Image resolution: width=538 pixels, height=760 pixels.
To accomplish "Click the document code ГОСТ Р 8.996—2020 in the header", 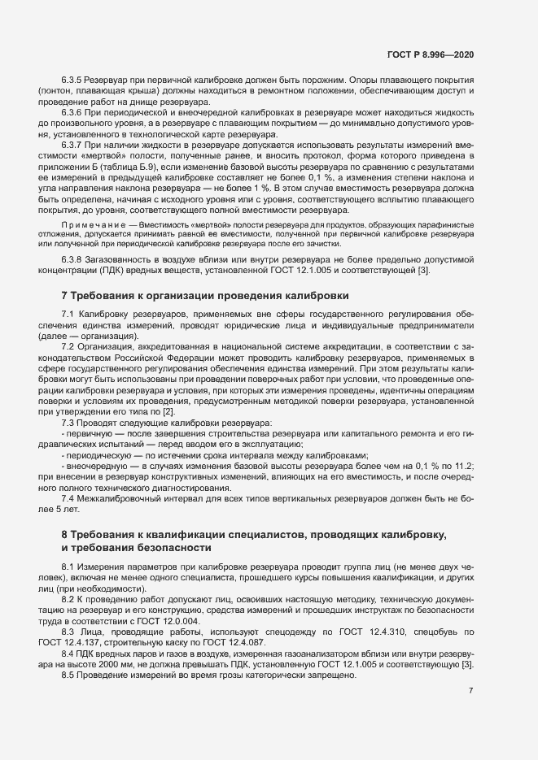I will (x=430, y=55).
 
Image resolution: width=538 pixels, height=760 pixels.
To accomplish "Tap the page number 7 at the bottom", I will (x=470, y=690).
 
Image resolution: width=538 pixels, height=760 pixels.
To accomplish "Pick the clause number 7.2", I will (x=69, y=346).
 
